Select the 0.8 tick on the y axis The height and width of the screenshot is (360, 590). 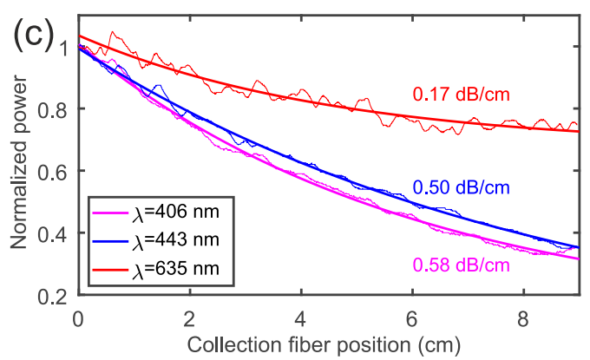coord(54,109)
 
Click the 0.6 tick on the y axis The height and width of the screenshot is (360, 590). coord(54,172)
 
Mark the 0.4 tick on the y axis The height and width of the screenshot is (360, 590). coord(54,234)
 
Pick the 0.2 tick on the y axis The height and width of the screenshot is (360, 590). coord(54,297)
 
